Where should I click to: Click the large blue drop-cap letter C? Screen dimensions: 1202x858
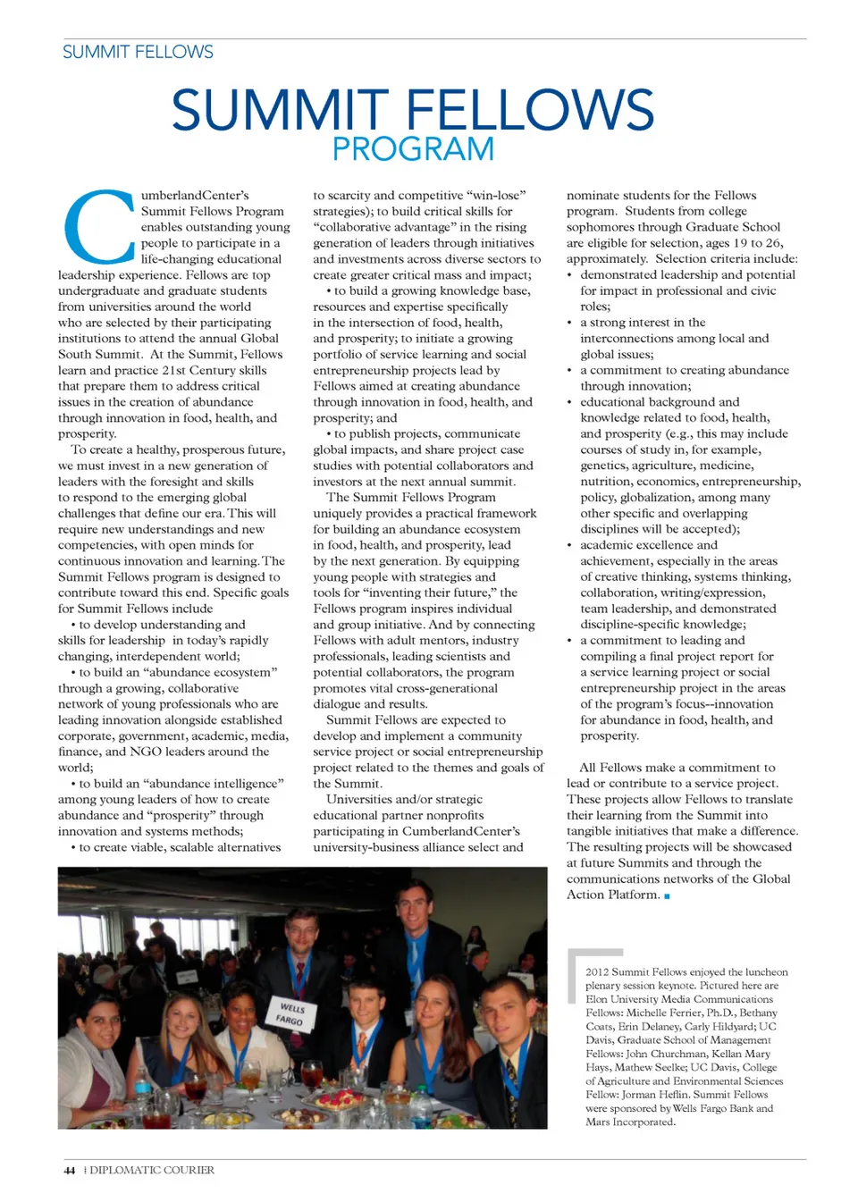(x=98, y=227)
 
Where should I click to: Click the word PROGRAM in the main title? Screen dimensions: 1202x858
(x=413, y=149)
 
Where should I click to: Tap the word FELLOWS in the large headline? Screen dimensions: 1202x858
(x=530, y=110)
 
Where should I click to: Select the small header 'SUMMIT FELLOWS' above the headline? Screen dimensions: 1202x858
(x=138, y=52)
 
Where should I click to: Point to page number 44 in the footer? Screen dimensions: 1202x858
(x=70, y=1170)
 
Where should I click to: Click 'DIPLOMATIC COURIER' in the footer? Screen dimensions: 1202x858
(x=152, y=1170)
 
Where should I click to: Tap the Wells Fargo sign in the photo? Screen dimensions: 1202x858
(x=290, y=1013)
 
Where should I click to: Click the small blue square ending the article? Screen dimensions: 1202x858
(x=667, y=895)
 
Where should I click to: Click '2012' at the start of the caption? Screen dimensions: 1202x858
(x=597, y=972)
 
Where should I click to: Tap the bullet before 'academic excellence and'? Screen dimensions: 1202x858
(x=570, y=545)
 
